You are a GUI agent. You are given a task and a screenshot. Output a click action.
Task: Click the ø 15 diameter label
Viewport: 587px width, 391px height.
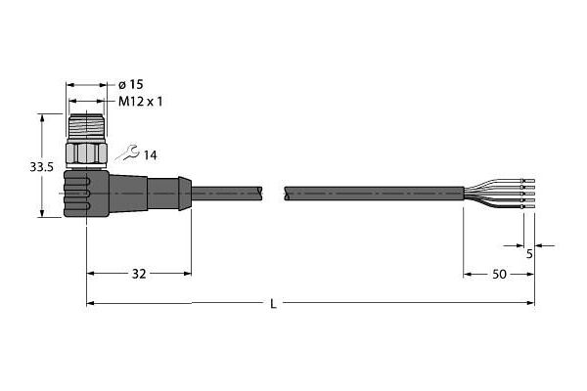click(131, 85)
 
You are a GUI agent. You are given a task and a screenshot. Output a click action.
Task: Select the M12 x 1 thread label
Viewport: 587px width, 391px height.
click(140, 102)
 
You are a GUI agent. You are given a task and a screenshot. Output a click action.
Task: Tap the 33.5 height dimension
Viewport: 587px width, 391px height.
click(41, 167)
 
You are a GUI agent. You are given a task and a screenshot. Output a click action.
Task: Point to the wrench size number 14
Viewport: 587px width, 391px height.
click(150, 155)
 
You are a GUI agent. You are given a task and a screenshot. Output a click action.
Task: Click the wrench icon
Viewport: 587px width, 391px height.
click(127, 153)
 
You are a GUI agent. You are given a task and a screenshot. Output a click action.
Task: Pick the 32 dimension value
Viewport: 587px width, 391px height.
click(139, 274)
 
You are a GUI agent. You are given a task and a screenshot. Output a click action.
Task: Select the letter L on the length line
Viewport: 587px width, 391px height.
click(274, 304)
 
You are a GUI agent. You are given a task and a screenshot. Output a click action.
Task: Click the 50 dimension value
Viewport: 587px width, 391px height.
click(499, 275)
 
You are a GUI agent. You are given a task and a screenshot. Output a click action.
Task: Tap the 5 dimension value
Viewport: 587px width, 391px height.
click(529, 254)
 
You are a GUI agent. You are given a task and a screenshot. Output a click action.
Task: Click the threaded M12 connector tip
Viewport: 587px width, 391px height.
click(86, 126)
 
